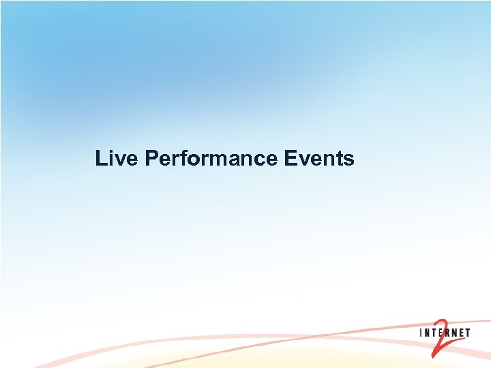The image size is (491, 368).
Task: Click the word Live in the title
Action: (117, 159)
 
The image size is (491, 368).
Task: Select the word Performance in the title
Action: (211, 159)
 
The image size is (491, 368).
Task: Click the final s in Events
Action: (349, 160)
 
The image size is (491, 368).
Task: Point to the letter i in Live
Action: (112, 159)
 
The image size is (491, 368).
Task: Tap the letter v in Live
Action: (121, 160)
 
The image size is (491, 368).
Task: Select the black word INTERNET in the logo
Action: (445, 333)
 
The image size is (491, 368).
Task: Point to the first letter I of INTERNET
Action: (421, 333)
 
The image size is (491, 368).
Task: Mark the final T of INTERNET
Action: (468, 333)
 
